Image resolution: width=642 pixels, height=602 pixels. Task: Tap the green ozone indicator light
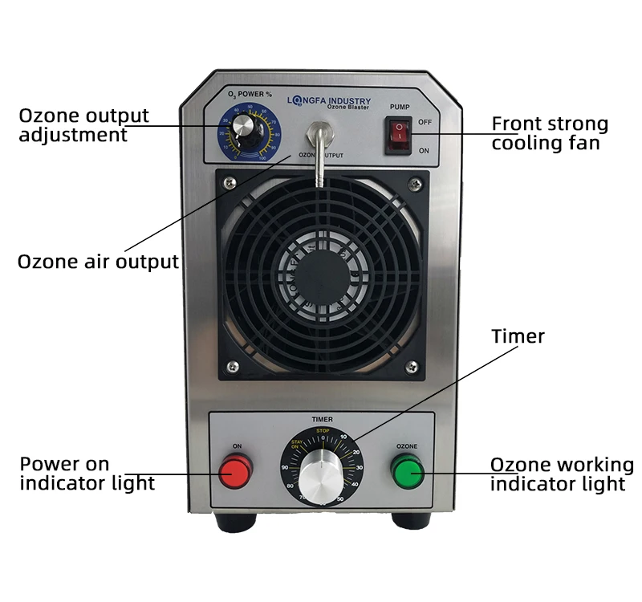coord(407,471)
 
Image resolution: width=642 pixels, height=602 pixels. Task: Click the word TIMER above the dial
coord(322,419)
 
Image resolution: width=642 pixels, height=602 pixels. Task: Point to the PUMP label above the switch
coord(400,106)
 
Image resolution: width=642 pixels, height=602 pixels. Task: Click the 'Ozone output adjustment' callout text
coord(83,125)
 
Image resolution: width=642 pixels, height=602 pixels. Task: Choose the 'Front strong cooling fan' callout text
coord(550,134)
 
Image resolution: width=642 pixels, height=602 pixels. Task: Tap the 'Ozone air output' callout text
coord(98,262)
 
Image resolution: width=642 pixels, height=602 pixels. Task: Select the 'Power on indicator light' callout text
coord(87,474)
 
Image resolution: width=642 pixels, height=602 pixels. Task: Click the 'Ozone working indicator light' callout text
coord(561,474)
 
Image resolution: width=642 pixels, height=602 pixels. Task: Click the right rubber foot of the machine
coord(411,521)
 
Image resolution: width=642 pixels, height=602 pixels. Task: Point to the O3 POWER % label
coord(250,95)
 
